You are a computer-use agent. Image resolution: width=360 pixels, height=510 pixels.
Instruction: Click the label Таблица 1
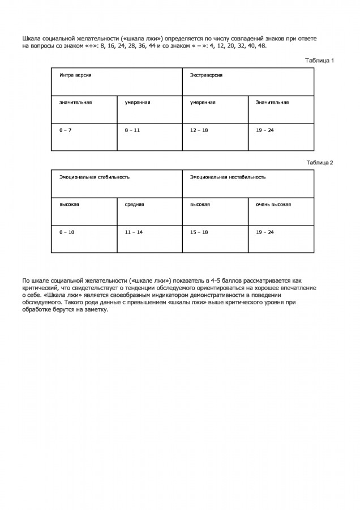319,60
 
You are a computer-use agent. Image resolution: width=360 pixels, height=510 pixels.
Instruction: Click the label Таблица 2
319,163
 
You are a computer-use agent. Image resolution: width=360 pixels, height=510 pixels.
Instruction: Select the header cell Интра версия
75,75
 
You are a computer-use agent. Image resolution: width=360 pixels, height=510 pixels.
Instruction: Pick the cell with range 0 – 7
66,130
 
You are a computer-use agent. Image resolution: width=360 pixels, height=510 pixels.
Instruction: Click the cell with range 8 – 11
132,130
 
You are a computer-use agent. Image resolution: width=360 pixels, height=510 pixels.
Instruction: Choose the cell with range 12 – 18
199,130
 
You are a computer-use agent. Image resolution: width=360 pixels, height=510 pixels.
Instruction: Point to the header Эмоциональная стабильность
95,177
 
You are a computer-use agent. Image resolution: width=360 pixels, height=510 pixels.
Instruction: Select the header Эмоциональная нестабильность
228,177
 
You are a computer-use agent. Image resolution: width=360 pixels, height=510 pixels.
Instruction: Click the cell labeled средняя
135,204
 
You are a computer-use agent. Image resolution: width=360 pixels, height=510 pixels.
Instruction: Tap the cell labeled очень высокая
273,204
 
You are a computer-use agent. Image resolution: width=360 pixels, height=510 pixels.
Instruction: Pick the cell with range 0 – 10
67,232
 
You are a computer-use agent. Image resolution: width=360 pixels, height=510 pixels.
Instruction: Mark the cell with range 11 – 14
134,232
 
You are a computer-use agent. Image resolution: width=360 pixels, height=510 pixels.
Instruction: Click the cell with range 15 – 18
199,232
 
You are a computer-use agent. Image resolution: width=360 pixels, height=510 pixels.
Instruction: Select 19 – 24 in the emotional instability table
265,232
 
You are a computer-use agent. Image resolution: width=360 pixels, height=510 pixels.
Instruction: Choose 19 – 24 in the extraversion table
265,130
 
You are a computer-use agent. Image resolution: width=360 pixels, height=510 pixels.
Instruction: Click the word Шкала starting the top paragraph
32,38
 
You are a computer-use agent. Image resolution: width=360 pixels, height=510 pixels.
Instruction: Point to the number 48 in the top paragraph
261,45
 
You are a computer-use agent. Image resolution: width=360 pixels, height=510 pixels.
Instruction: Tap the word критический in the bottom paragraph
41,288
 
